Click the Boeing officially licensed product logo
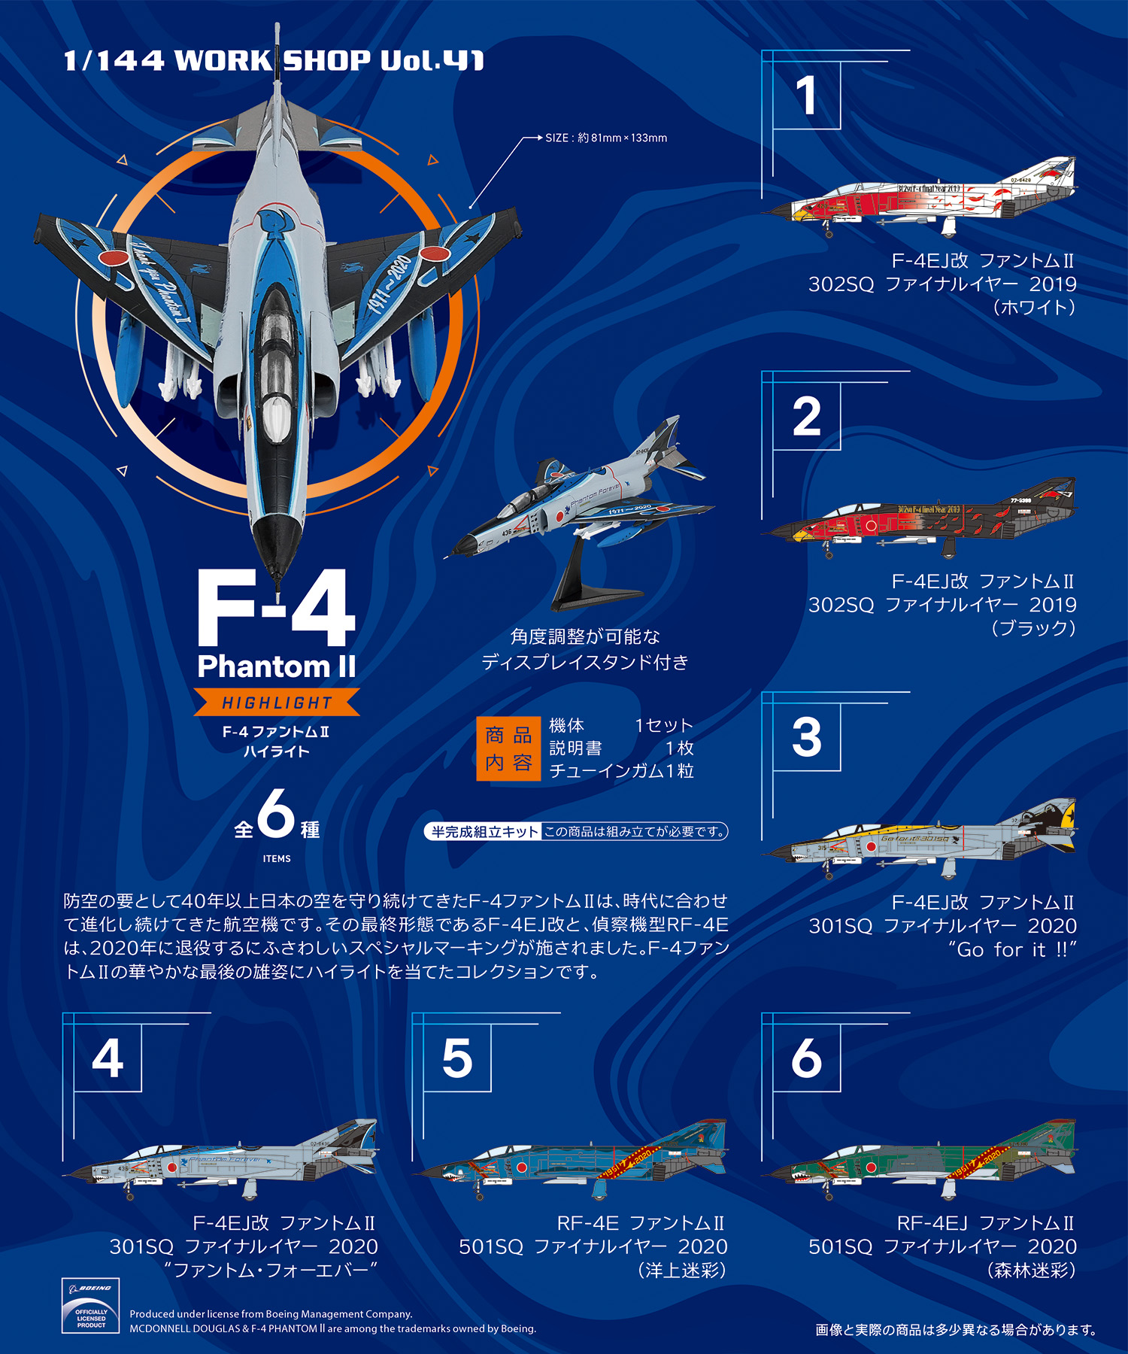90,1306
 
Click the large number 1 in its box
806,96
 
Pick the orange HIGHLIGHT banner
277,703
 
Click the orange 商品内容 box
508,748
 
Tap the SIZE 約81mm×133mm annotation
606,138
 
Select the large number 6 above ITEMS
276,814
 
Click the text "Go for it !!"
1012,949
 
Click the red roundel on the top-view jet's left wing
114,258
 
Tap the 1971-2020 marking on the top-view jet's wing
391,284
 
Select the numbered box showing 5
457,1058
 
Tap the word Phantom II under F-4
276,666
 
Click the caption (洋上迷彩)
682,1270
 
